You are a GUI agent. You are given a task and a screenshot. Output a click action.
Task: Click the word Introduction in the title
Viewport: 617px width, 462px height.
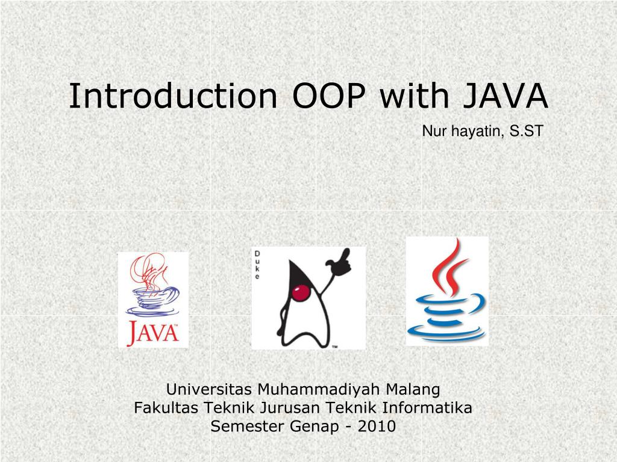pos(173,96)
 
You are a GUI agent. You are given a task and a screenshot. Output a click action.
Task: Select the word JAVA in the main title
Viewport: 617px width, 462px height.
pos(506,96)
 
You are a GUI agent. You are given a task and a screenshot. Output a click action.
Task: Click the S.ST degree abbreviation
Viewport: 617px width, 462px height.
pos(527,131)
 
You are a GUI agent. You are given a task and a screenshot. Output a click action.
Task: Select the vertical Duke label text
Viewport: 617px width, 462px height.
pos(257,265)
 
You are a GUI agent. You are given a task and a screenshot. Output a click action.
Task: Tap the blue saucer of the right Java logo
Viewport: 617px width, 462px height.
pos(446,333)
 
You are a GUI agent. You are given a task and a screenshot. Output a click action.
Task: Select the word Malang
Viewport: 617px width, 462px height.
pos(413,390)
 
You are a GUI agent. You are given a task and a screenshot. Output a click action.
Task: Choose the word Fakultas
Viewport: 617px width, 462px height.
pos(166,407)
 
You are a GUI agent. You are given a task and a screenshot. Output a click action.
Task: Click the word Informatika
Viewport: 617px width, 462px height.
pos(427,407)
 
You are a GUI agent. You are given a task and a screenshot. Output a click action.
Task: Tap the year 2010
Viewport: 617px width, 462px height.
pos(377,426)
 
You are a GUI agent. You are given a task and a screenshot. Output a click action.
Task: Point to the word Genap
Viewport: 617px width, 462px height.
pos(314,427)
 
